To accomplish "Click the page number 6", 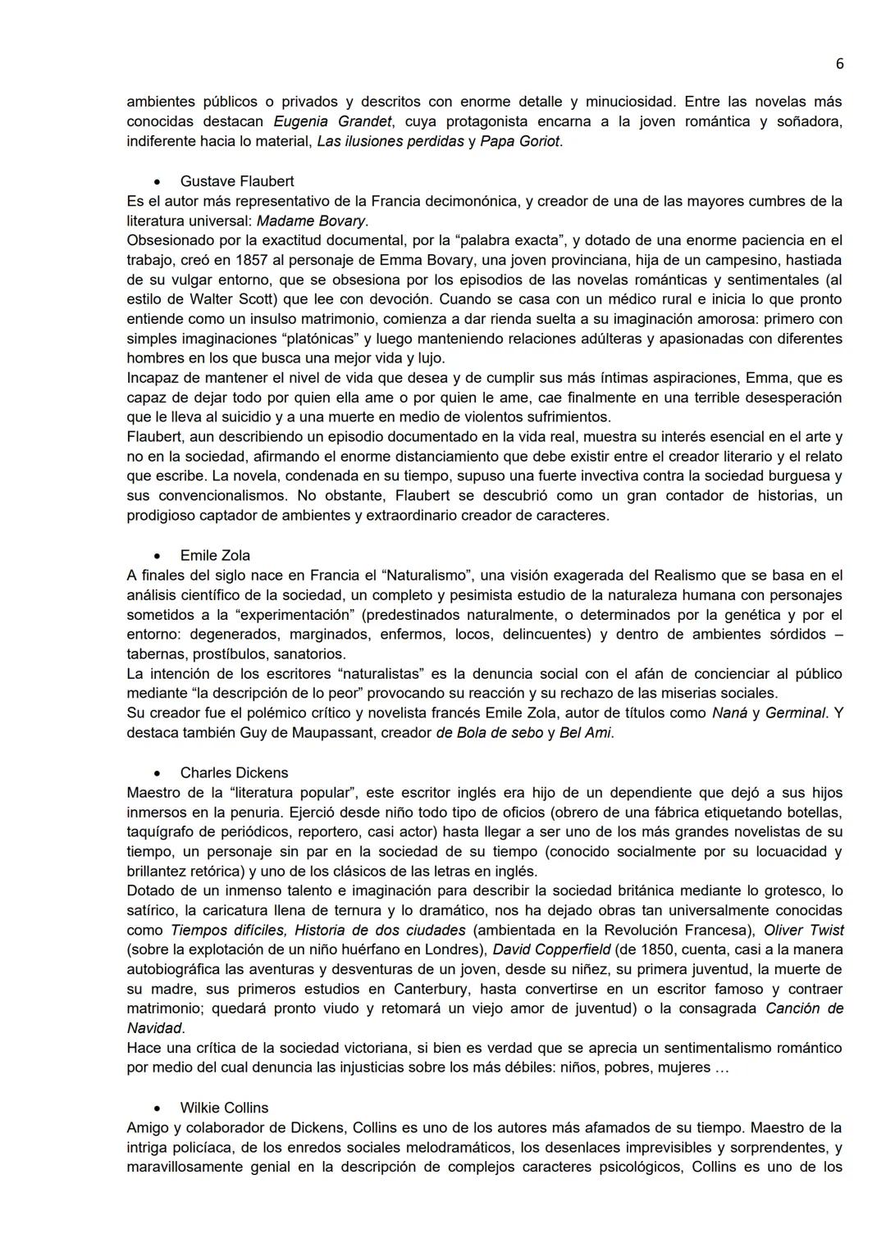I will coord(839,64).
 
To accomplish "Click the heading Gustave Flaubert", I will coord(237,181).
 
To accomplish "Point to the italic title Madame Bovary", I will coord(312,221).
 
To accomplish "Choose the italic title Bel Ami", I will coord(585,733).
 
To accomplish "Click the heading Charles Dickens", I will coord(234,772).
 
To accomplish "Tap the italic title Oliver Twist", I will coord(803,930).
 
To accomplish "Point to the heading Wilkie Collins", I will coord(224,1108).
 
